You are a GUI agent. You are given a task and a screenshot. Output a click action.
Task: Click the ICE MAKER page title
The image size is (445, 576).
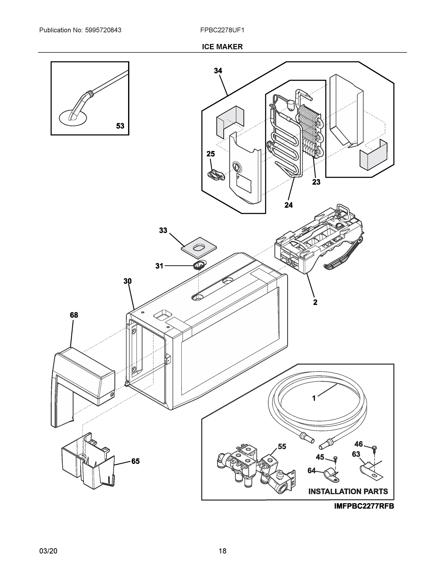[222, 47]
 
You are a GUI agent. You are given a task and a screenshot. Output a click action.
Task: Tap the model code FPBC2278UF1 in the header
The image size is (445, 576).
[222, 30]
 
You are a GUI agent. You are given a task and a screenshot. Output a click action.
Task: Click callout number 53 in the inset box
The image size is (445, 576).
[120, 126]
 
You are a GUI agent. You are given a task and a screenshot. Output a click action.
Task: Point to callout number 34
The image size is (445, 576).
[218, 71]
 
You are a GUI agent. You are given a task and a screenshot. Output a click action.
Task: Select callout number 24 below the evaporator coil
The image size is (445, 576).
[288, 205]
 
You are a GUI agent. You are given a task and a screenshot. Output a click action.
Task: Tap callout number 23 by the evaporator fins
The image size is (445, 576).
[316, 182]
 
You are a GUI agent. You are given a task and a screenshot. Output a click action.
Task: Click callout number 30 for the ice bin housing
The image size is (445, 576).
[128, 281]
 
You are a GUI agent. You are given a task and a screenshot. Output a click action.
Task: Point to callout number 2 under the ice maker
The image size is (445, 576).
[315, 302]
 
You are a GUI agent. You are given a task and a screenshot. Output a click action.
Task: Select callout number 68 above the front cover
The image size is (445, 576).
[74, 315]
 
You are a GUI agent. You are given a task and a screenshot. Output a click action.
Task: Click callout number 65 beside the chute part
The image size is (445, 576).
[135, 461]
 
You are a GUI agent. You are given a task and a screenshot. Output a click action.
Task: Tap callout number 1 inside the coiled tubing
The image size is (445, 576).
[314, 398]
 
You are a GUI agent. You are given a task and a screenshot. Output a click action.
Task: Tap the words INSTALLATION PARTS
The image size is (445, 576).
[348, 491]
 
